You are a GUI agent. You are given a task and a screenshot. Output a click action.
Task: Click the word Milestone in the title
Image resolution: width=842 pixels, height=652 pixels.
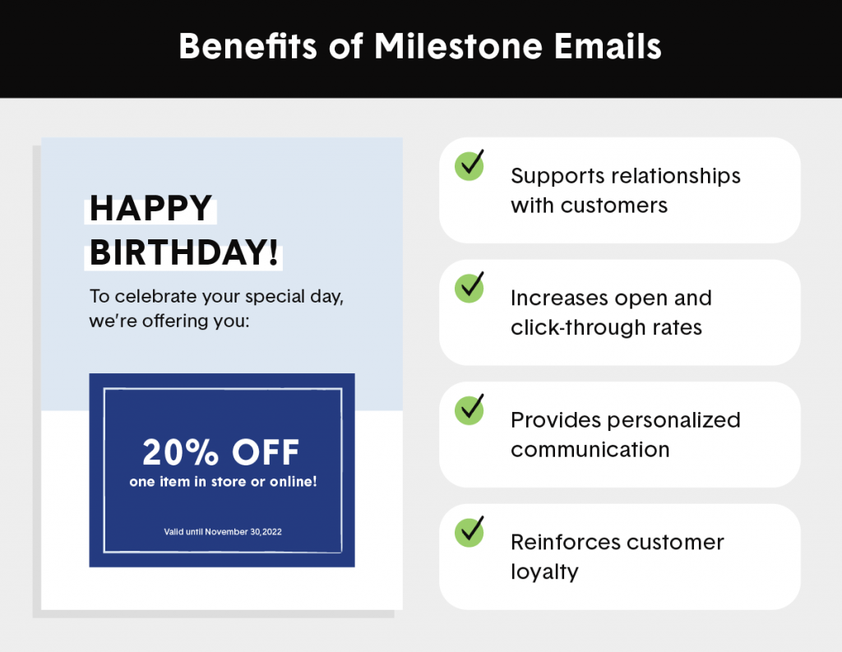458,46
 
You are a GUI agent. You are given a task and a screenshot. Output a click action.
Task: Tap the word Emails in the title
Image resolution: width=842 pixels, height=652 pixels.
608,46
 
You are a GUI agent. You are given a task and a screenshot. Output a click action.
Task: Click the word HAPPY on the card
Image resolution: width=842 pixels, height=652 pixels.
150,208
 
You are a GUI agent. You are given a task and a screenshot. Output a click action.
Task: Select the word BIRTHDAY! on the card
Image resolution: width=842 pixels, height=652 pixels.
183,252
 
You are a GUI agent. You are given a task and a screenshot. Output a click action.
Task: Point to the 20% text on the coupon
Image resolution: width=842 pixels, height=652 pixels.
180,451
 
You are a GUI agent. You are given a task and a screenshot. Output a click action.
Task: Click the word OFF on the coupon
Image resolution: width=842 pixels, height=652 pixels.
266,451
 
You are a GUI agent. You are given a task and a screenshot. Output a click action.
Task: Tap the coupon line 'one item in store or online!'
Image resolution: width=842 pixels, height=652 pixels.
223,482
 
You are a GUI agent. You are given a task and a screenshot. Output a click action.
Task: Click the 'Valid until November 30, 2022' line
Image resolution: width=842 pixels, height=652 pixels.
223,532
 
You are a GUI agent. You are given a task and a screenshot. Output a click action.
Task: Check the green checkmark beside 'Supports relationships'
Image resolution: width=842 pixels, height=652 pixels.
470,165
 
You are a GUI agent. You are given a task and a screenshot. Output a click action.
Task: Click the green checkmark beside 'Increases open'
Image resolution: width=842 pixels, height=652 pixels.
470,287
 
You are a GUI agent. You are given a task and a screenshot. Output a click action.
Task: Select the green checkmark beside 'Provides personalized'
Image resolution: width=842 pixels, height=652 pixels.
470,409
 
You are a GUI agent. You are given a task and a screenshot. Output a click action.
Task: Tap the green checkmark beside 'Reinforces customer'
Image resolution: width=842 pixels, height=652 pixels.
470,531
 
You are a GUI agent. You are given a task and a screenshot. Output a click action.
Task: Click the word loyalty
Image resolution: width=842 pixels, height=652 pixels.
544,572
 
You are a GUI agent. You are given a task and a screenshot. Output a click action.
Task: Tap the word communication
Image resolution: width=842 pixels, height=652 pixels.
590,450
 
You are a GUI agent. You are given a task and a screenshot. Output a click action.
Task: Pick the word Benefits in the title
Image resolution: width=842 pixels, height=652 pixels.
248,46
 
